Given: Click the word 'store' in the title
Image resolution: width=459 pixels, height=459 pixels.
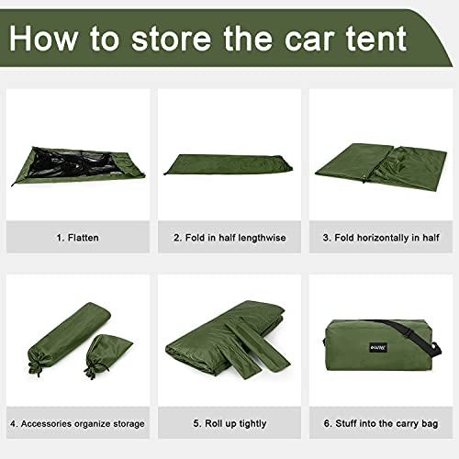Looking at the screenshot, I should (172, 39).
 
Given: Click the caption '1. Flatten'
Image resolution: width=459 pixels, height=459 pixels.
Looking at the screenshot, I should (77, 238).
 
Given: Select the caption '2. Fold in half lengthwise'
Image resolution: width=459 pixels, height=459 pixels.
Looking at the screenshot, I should (229, 238).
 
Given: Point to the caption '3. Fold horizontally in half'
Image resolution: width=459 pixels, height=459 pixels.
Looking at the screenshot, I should (381, 238).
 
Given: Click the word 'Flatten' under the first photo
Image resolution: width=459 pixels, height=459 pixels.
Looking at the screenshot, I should (84, 238).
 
